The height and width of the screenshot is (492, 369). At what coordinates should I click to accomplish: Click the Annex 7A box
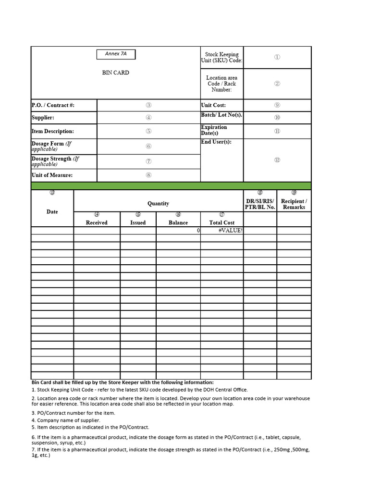pos(116,54)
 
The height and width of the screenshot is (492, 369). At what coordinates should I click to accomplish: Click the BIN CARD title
pos(115,73)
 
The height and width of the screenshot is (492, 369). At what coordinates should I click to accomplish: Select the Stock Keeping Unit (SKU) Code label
pos(221,57)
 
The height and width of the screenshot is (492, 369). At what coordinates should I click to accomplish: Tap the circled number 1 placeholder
pos(277,57)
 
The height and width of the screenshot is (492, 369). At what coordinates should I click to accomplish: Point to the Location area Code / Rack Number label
pos(221,84)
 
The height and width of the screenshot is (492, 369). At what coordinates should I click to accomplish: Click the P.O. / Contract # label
pos(53,105)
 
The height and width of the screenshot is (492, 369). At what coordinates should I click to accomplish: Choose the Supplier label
pos(43,118)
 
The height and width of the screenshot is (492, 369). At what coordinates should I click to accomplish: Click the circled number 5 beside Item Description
pos(149,131)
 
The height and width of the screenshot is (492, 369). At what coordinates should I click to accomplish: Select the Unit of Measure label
pos(52,175)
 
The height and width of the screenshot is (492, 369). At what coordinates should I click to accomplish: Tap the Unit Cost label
pos(213,105)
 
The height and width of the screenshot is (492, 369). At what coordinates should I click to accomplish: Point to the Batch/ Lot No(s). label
pos(221,115)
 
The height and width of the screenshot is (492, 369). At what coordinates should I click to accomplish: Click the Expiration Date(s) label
pos(214,130)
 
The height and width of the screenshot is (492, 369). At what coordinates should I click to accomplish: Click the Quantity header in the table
pos(158,204)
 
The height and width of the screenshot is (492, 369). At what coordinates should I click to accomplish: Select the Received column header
pos(97,222)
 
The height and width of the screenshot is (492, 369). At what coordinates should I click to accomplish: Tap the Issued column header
pos(138,222)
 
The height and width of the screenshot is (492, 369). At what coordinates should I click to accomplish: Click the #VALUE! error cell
pos(230,231)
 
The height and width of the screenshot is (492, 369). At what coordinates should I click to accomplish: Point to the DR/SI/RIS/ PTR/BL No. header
pos(260,204)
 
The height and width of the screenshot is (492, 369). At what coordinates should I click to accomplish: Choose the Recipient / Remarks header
pos(294,204)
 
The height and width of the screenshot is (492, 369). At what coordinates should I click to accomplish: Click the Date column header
pos(52,212)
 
